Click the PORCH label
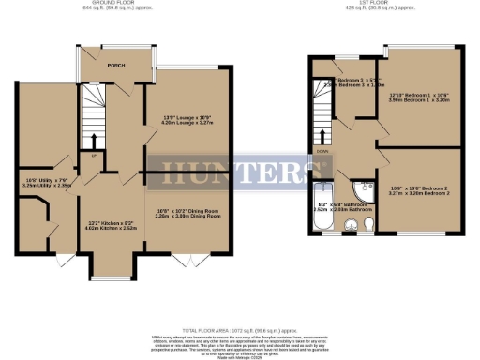(x=116, y=66)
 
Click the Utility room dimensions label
(x=47, y=183)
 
